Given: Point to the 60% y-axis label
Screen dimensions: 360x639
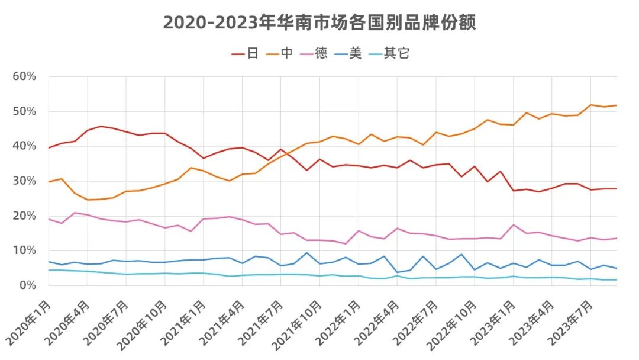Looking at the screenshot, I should click(24, 76).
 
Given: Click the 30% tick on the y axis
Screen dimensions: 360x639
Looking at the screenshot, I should click(24, 181).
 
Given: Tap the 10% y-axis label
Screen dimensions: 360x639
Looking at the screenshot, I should click(24, 250).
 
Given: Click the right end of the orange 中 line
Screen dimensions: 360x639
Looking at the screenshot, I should click(617, 105).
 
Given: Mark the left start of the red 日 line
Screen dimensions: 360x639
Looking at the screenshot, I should click(49, 147).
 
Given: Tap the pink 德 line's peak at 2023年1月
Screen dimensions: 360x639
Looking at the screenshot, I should click(514, 225).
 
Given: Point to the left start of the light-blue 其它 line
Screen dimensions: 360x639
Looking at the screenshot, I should click(49, 270).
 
